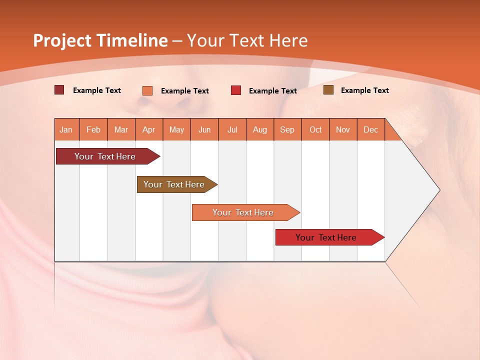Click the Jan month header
coord(66,129)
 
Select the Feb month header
coord(93,129)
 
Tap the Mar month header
coord(121,129)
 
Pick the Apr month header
coord(149,129)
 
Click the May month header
coord(176,129)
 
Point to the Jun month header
coord(204,129)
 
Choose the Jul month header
coord(232,129)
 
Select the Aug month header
coord(260,129)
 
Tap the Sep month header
coord(287,129)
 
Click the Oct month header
coord(315,129)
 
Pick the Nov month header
coord(343,129)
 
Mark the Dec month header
coord(370,129)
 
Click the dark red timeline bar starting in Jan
coord(105,156)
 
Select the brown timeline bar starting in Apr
coord(174,184)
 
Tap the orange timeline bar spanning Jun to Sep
coord(243,212)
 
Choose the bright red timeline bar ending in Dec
coord(326,237)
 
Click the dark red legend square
coord(59,90)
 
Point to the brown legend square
coord(328,90)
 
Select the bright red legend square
coord(236,90)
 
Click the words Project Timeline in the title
coord(100,40)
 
